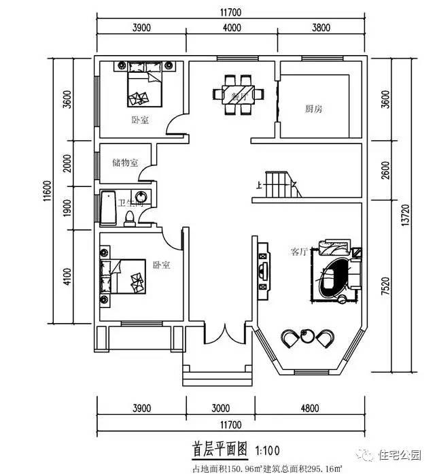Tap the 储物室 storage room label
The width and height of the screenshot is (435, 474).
[x=125, y=163]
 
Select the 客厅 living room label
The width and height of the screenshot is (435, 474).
[x=299, y=252]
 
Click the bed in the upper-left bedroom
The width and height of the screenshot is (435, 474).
[x=144, y=87]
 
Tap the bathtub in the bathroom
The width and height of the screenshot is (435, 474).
[x=108, y=207]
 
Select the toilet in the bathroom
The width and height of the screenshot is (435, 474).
[x=130, y=216]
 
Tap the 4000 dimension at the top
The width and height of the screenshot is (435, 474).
[x=232, y=28]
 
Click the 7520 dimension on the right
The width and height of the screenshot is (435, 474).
[x=387, y=286]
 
